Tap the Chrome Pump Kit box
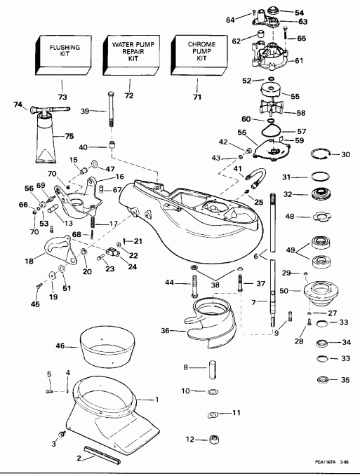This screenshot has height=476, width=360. click(x=196, y=55)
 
